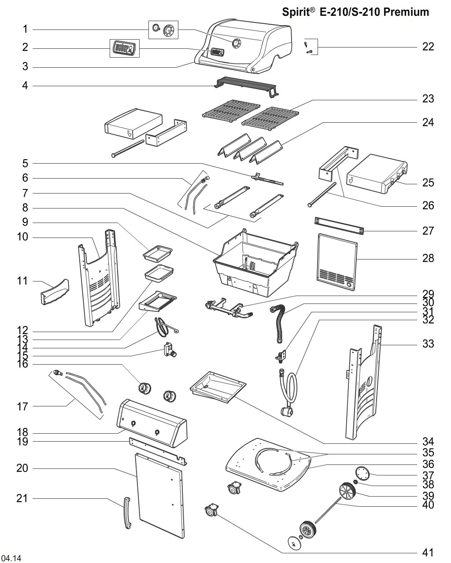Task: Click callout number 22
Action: click(x=428, y=46)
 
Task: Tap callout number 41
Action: click(x=428, y=552)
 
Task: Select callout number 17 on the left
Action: click(x=22, y=406)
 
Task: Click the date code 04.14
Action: click(x=11, y=558)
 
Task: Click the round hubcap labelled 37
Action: click(x=364, y=474)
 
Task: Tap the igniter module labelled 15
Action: click(x=169, y=351)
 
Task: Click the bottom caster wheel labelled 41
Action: click(x=212, y=512)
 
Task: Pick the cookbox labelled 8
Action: click(x=253, y=264)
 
